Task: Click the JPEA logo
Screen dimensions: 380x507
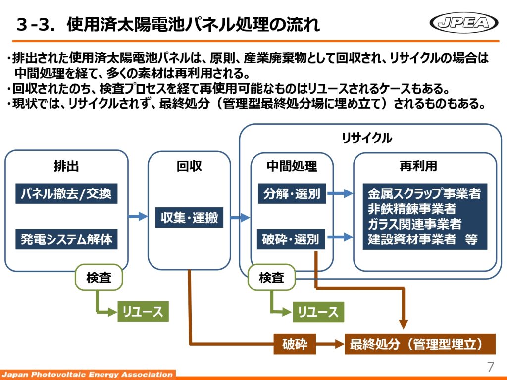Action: pos(464,22)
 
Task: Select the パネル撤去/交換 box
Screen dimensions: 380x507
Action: pos(66,193)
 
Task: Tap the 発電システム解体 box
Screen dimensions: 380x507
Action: pos(66,239)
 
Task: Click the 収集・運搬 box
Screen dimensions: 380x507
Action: pos(189,217)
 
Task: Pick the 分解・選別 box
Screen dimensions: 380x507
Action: pos(292,193)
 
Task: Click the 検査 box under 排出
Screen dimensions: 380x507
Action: pos(99,278)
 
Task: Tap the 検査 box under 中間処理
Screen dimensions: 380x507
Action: pos(271,278)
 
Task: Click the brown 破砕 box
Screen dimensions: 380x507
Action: pos(295,344)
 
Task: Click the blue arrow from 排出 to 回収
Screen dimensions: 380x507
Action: pos(138,216)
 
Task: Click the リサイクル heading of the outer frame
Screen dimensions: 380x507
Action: pos(367,138)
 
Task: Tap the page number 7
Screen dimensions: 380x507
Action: pos(490,367)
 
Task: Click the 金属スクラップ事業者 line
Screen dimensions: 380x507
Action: pos(424,193)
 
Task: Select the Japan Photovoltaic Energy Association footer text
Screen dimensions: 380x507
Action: pos(87,374)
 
